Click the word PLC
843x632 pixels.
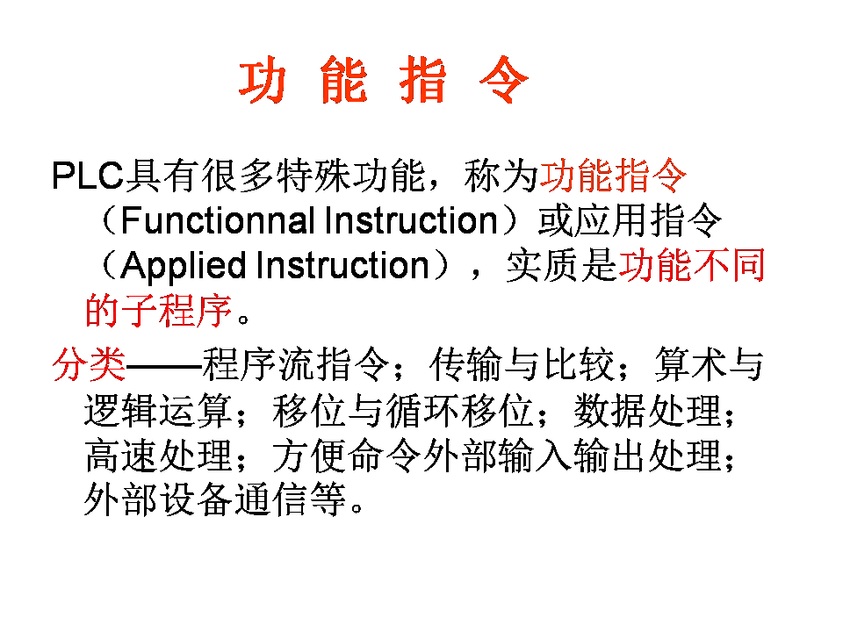[87, 176]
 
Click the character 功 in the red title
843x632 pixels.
[263, 83]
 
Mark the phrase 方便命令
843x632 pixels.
[346, 456]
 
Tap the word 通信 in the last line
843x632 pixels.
[271, 500]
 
